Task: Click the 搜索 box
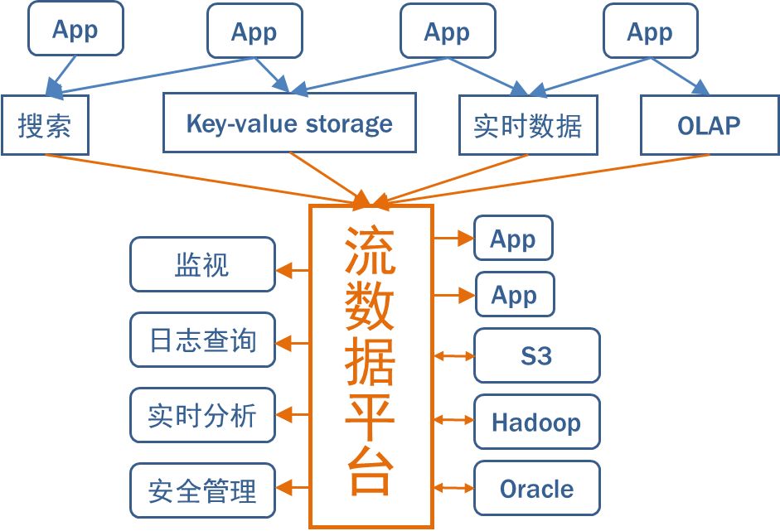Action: click(45, 125)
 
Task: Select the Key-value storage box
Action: click(289, 123)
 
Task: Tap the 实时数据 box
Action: click(528, 125)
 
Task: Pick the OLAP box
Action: click(710, 125)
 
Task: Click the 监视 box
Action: click(202, 264)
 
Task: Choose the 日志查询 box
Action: click(202, 340)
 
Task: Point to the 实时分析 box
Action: click(202, 415)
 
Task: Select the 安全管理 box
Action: click(202, 490)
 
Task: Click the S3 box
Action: click(537, 355)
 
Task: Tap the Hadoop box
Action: click(537, 422)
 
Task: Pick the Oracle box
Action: click(537, 488)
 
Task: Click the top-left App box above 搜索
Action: click(75, 28)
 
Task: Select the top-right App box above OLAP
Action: click(651, 31)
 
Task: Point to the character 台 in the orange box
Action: click(370, 471)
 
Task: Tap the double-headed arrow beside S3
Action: click(453, 356)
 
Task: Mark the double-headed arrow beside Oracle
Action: click(453, 488)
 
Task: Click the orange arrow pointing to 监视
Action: click(293, 271)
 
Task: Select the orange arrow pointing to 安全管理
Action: click(293, 488)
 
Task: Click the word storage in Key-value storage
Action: click(349, 124)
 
